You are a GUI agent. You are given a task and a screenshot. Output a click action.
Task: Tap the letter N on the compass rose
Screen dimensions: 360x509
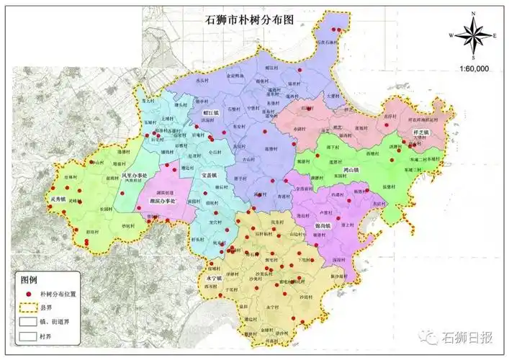point(473,14)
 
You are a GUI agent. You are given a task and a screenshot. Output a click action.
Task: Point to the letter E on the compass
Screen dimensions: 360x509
point(495,35)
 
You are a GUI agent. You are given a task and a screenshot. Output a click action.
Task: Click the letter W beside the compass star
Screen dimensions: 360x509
point(451,35)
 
